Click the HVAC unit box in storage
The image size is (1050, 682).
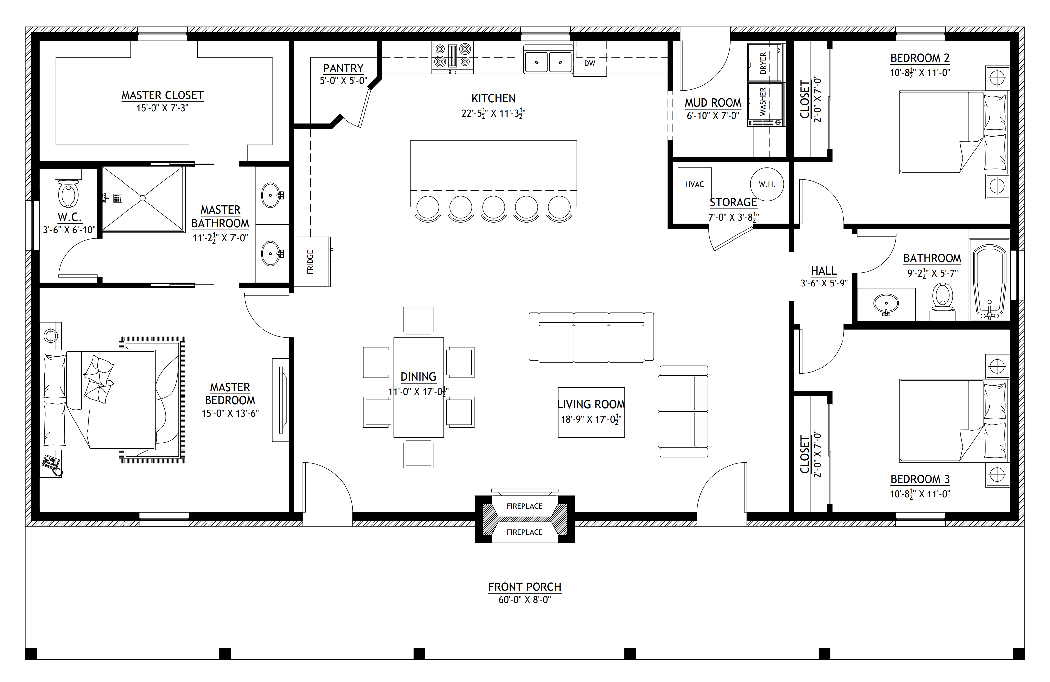(x=694, y=184)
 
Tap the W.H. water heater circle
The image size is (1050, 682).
(x=767, y=184)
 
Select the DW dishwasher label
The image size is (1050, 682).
(x=590, y=63)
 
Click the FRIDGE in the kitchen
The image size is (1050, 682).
(x=312, y=262)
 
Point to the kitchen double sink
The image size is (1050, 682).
(x=548, y=60)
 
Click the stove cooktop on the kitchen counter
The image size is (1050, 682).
(x=453, y=57)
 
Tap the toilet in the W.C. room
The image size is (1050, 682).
(x=69, y=189)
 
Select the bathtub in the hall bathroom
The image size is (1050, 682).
(x=989, y=280)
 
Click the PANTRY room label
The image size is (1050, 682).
(x=343, y=68)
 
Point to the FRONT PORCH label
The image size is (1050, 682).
(x=525, y=587)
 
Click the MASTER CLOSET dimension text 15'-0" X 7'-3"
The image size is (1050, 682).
(x=162, y=108)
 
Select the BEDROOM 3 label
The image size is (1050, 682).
(x=920, y=479)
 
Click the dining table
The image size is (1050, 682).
(x=418, y=387)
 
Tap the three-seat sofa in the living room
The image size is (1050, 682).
(x=591, y=338)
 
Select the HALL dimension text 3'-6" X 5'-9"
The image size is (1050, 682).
(x=824, y=283)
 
